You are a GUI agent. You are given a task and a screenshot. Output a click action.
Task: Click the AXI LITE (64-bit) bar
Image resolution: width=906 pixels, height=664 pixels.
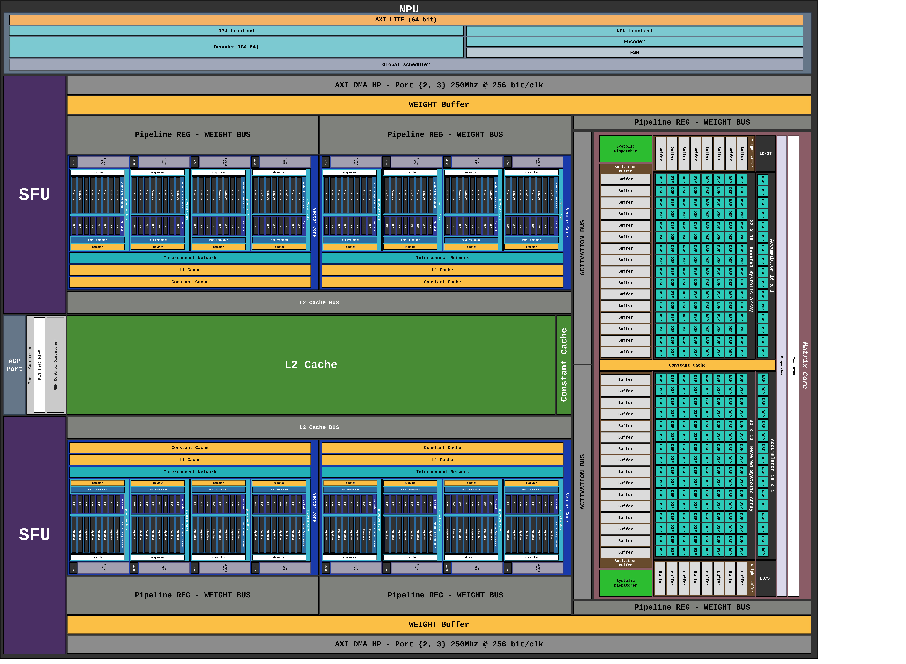[406, 20]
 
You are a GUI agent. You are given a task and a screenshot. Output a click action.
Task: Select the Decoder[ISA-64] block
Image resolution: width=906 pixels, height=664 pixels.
[236, 47]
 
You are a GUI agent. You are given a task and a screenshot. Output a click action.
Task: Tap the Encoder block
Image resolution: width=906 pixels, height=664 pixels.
[634, 42]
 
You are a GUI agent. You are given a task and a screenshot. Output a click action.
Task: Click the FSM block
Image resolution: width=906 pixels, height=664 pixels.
[634, 53]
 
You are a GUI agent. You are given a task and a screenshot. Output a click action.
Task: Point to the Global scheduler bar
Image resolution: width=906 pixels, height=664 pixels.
[406, 65]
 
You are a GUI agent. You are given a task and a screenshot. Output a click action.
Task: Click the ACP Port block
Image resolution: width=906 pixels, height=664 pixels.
[14, 365]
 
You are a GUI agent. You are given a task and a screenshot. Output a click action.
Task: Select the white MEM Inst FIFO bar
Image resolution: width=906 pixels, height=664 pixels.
[39, 365]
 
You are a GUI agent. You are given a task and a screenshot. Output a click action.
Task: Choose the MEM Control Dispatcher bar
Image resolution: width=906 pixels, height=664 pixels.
[55, 365]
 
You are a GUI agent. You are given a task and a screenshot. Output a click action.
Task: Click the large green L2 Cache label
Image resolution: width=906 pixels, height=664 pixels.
[311, 365]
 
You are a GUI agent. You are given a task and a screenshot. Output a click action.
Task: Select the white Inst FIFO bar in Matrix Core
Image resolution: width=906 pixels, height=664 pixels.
[793, 366]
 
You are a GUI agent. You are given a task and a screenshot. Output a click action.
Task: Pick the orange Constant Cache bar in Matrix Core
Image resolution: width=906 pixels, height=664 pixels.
[687, 365]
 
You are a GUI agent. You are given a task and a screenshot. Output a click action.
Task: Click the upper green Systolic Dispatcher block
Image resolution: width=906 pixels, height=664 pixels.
[625, 149]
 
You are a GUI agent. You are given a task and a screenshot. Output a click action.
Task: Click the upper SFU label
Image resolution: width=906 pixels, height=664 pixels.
[35, 195]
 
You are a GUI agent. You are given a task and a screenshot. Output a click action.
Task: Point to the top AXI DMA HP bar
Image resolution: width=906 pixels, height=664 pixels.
[439, 85]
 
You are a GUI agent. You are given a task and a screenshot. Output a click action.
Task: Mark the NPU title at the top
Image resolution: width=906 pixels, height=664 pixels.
[409, 9]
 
